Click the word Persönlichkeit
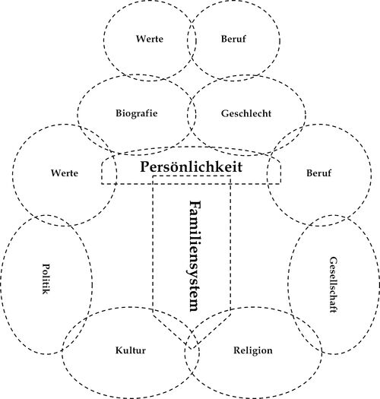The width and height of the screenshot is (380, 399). (192, 167)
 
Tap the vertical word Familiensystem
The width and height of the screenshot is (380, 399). (195, 256)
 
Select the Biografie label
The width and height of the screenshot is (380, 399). (137, 113)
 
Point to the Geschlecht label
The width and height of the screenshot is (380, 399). (246, 113)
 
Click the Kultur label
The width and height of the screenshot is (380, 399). (131, 350)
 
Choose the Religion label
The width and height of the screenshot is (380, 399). (253, 350)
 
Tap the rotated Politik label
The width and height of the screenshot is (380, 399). (46, 279)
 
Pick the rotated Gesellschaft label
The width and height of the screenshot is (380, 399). (333, 285)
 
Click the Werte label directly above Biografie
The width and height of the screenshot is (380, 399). (150, 39)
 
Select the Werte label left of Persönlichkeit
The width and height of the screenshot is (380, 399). (65, 173)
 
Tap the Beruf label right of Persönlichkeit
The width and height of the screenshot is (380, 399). (318, 173)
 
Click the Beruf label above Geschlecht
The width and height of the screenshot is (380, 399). (233, 39)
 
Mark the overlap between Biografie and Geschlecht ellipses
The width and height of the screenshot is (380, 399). (192, 115)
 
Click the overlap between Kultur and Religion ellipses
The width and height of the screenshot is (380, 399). (192, 353)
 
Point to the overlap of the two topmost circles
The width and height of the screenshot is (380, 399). (192, 40)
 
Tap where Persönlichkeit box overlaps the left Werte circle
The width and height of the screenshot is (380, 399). (109, 170)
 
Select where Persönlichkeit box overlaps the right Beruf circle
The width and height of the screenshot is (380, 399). (274, 170)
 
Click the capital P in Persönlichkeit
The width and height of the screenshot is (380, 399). (145, 167)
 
